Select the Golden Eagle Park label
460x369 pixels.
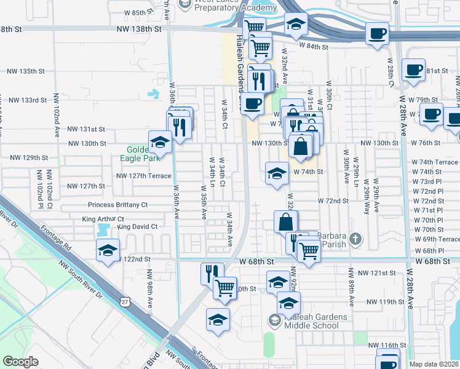click(x=143, y=153)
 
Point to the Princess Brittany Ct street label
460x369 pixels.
click(x=118, y=205)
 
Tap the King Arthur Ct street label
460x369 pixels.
click(x=103, y=219)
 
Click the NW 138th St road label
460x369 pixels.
click(x=142, y=29)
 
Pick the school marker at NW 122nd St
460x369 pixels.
click(x=107, y=250)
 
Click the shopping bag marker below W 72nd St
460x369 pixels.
click(x=286, y=221)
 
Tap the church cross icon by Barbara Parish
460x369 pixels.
click(x=355, y=238)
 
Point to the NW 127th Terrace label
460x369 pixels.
click(x=143, y=175)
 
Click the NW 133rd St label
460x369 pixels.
click(x=27, y=100)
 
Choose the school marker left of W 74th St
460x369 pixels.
click(x=277, y=173)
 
